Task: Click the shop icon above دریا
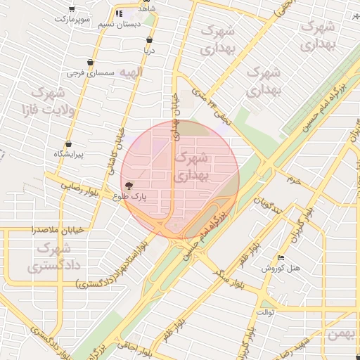click(148, 40)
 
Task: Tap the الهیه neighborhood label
click(130, 72)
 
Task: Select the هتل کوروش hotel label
click(281, 269)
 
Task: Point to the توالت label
click(265, 311)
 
